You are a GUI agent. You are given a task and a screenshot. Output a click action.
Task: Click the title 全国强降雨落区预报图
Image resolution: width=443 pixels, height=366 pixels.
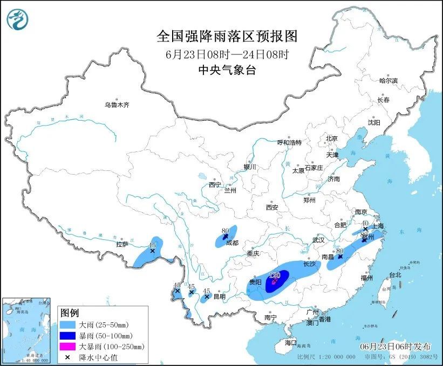pyautogui.click(x=227, y=37)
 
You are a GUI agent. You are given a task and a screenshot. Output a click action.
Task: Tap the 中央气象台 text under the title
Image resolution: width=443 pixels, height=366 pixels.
pyautogui.click(x=227, y=70)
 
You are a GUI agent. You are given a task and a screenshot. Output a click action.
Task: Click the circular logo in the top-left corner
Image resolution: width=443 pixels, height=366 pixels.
pyautogui.click(x=18, y=19)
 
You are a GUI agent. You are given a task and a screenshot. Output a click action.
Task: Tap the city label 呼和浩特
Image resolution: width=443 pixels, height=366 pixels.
pyautogui.click(x=289, y=143)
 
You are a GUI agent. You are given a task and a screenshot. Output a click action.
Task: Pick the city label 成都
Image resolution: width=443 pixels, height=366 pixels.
pyautogui.click(x=232, y=243)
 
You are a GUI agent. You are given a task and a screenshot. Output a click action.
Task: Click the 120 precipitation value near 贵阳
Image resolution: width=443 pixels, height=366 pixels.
pyautogui.click(x=274, y=275)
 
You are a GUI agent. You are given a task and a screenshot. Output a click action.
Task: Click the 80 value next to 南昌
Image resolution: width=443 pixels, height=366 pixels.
pyautogui.click(x=340, y=250)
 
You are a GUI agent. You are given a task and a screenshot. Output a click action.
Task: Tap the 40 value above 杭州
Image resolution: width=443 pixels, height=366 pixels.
pyautogui.click(x=365, y=223)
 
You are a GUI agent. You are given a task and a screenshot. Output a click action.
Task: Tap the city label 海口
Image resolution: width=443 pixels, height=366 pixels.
pyautogui.click(x=291, y=342)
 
